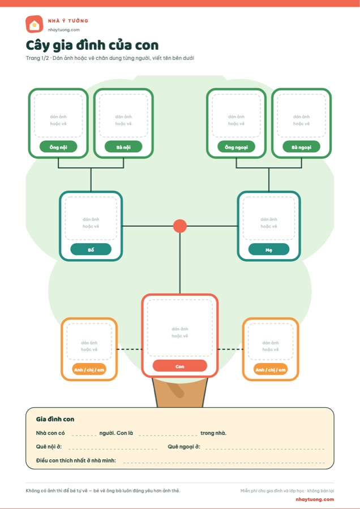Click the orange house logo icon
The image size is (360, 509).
pyautogui.click(x=34, y=24)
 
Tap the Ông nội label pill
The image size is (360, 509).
pyautogui.click(x=58, y=147)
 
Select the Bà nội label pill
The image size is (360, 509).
pyautogui.click(x=123, y=147)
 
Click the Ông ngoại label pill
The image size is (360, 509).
pyautogui.click(x=236, y=147)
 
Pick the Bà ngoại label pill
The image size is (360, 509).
pyautogui.click(x=302, y=147)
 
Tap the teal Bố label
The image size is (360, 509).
pyautogui.click(x=91, y=249)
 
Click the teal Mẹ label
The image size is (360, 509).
pyautogui.click(x=269, y=249)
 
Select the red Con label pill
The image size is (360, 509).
pyautogui.click(x=179, y=366)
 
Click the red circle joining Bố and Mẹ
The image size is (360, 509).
pyautogui.click(x=179, y=226)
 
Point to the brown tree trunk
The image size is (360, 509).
pyautogui.click(x=179, y=392)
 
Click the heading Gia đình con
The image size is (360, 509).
pyautogui.click(x=55, y=419)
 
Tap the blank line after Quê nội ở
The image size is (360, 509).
pyautogui.click(x=113, y=449)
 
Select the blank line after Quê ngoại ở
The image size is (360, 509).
pyautogui.click(x=265, y=449)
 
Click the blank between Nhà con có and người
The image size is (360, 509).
pyautogui.click(x=84, y=435)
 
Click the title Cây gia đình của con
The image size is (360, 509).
pyautogui.click(x=92, y=45)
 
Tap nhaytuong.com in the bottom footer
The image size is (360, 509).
pyautogui.click(x=315, y=499)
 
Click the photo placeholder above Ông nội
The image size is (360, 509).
pyautogui.click(x=58, y=116)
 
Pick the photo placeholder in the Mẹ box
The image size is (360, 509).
pyautogui.click(x=269, y=218)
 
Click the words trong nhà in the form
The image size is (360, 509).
pyautogui.click(x=213, y=433)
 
